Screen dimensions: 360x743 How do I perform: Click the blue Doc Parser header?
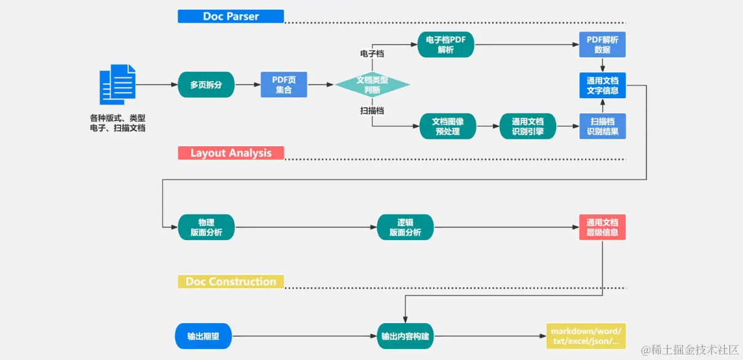point(230,17)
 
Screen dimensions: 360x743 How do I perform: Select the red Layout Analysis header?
point(230,153)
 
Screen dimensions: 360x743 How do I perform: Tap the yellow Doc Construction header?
point(230,282)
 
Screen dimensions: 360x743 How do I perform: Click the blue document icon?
point(117,84)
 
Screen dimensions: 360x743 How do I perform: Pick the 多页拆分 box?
point(206,85)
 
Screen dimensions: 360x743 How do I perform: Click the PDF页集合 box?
point(283,85)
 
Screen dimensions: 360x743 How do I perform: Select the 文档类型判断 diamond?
point(372,85)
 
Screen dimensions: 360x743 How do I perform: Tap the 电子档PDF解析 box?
point(446,45)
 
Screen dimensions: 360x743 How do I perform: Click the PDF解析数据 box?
point(602,45)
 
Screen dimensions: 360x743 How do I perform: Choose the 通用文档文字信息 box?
point(602,85)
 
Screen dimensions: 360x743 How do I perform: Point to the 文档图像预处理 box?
point(447,126)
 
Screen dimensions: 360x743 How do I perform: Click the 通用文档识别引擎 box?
point(527,126)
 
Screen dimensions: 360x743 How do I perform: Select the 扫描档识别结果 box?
point(602,126)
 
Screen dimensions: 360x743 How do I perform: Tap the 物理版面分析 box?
point(206,227)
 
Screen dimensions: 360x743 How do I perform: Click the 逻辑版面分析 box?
point(405,227)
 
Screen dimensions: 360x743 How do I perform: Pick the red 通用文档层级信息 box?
point(602,227)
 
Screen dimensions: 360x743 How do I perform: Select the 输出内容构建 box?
point(405,336)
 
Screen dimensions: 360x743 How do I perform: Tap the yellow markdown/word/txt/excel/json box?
point(585,336)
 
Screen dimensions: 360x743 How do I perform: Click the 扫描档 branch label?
point(372,111)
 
